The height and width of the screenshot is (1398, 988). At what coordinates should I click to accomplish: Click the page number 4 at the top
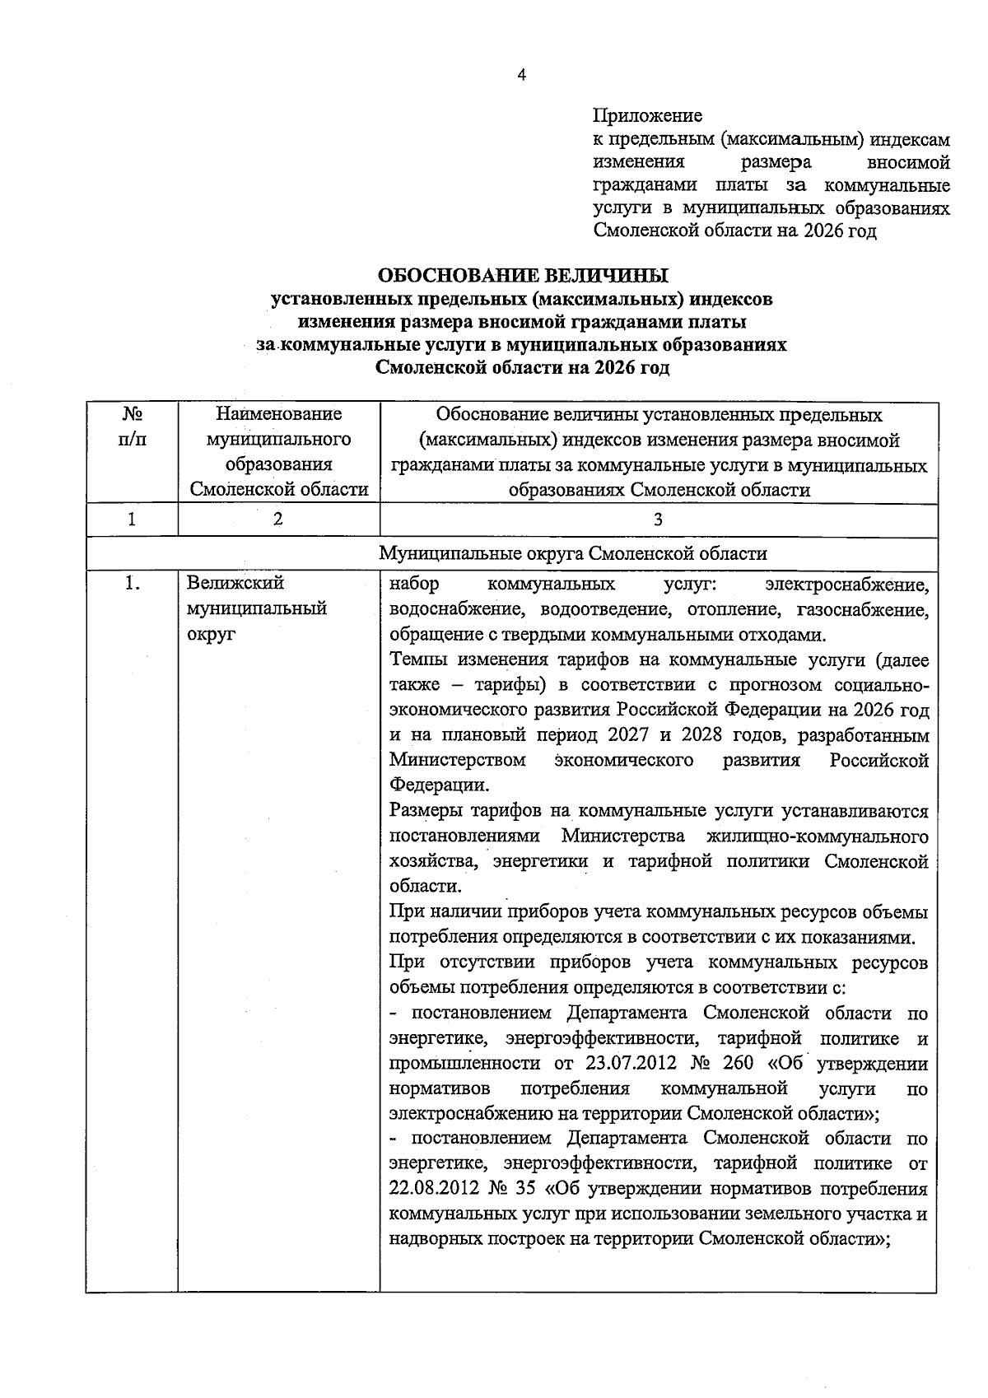[x=520, y=75]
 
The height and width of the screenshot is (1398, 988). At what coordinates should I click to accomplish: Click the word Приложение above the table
[x=647, y=115]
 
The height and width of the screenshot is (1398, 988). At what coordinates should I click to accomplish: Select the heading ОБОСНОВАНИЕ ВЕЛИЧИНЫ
[x=522, y=274]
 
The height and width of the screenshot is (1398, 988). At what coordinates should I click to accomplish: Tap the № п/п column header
[x=132, y=426]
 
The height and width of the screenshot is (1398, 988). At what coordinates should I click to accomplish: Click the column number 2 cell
[x=278, y=520]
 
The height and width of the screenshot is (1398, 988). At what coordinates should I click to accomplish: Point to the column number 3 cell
[x=658, y=520]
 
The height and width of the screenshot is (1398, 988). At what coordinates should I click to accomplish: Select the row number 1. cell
[x=132, y=584]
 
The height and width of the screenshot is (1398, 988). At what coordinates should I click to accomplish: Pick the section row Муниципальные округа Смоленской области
[x=573, y=554]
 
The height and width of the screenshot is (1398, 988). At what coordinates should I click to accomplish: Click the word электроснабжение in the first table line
[x=846, y=585]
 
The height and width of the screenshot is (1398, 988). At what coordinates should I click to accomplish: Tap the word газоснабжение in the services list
[x=862, y=610]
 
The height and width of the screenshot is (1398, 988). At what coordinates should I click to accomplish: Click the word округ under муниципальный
[x=211, y=635]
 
